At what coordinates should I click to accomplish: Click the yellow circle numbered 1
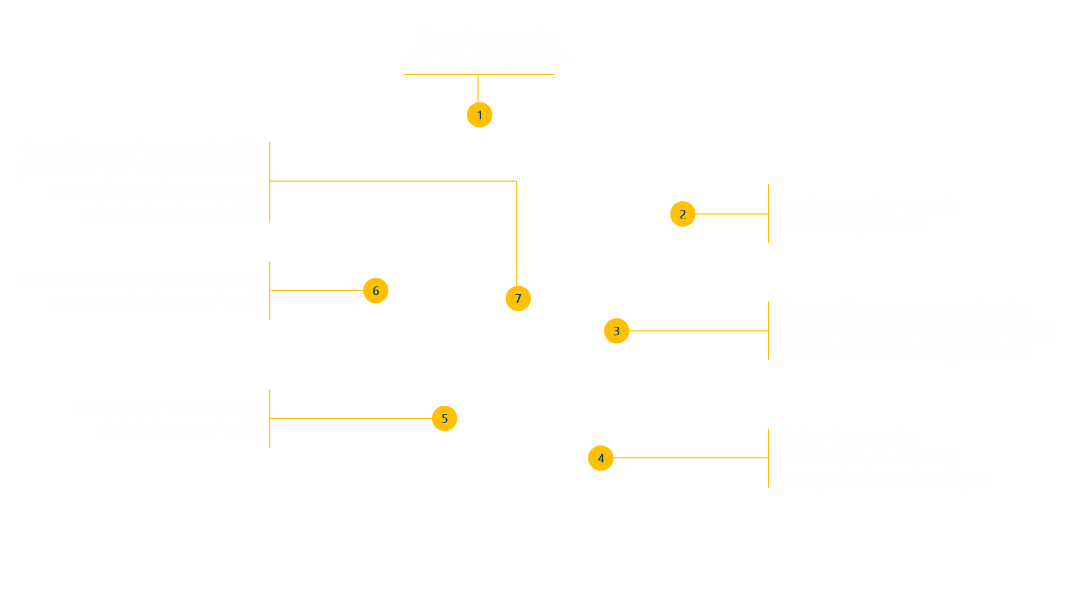tap(480, 115)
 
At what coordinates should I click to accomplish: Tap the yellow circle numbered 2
tap(683, 214)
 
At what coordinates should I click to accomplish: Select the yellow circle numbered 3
tap(616, 331)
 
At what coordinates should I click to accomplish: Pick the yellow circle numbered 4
tap(601, 458)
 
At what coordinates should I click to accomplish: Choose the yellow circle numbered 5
tap(445, 419)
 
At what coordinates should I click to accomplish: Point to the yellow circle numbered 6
tap(376, 291)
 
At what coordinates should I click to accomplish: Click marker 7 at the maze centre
tap(518, 298)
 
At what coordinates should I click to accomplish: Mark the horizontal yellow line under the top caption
tap(479, 74)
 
